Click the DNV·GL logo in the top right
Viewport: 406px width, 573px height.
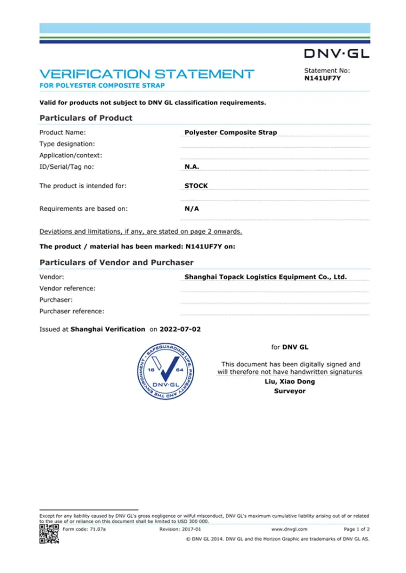336,53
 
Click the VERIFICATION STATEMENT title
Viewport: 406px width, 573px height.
147,74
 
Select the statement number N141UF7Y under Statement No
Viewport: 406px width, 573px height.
323,78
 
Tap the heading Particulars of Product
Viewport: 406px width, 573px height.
86,118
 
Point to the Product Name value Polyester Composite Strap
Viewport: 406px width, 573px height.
231,132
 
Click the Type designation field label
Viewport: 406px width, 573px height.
67,144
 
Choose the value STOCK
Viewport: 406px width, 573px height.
196,186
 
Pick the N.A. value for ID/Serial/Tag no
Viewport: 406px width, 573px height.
192,167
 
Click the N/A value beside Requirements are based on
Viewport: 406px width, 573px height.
192,208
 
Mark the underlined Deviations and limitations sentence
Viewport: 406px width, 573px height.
141,232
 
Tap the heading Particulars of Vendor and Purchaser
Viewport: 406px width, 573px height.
116,262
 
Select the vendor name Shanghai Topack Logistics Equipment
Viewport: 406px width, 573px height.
265,276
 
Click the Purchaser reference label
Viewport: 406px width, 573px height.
72,311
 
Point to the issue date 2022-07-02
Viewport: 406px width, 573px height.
180,329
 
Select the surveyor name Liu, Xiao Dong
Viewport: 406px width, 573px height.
290,381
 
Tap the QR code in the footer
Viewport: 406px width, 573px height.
49,534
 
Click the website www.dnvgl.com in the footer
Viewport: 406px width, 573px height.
289,529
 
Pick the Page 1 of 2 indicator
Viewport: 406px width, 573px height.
357,529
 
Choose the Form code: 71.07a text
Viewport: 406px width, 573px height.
84,529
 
